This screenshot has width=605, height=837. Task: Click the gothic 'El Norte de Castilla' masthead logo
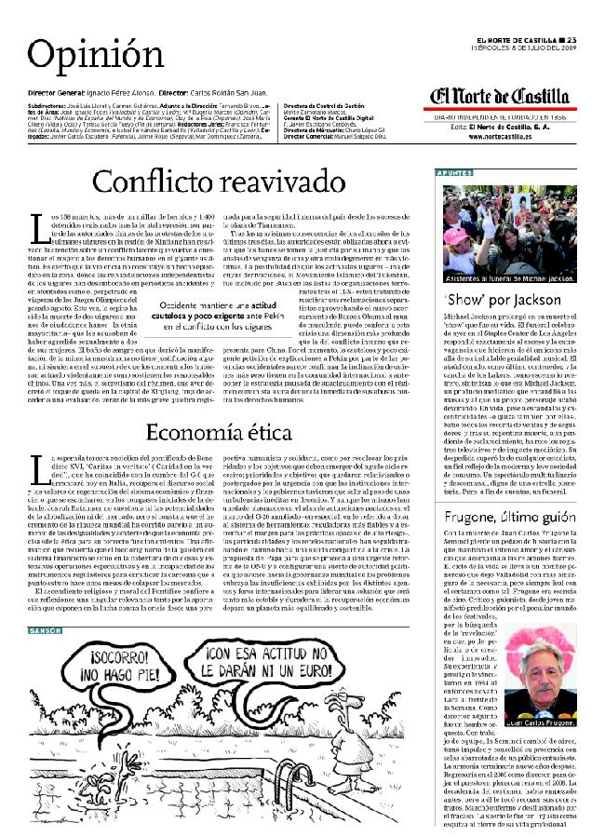(x=500, y=97)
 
